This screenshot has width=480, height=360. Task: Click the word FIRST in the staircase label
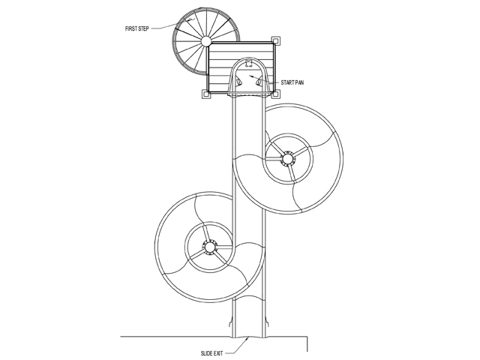(132, 28)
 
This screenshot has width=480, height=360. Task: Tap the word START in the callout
(287, 82)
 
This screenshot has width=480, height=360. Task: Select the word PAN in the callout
(299, 82)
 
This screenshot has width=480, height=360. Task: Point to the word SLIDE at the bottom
(206, 353)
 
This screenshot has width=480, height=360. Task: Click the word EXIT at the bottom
(217, 353)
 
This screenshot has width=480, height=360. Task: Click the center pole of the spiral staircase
(205, 40)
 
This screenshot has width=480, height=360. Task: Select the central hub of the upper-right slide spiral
(287, 159)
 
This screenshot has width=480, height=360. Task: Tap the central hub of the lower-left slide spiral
(209, 247)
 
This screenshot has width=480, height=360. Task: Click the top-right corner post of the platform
(275, 40)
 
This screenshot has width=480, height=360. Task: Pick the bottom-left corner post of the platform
(205, 94)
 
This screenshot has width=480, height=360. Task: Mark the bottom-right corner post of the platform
(275, 94)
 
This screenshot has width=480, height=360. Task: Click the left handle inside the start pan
(238, 82)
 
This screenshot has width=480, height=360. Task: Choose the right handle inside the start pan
(259, 82)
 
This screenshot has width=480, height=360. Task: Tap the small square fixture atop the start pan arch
(249, 63)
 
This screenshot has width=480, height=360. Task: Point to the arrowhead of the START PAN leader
(252, 76)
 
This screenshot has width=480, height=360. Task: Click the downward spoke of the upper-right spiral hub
(292, 173)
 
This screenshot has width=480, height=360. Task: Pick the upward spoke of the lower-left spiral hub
(207, 232)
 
